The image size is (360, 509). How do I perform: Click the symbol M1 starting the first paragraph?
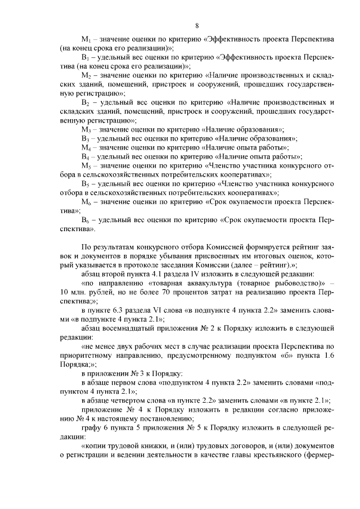86,40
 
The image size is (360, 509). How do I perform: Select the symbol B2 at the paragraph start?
86,102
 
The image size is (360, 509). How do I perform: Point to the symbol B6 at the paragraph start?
86,219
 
